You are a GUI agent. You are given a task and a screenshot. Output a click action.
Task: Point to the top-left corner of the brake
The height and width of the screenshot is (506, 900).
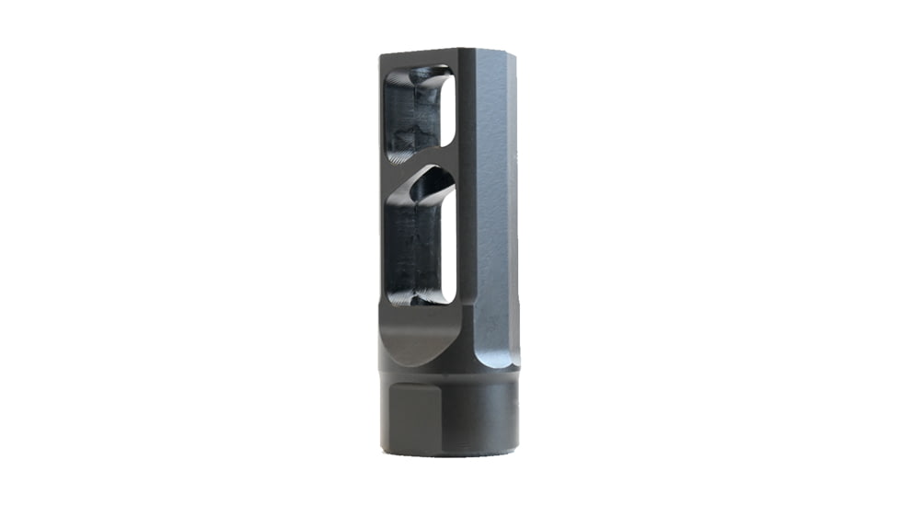tap(381, 56)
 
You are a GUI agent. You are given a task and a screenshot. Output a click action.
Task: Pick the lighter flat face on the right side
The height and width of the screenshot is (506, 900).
tap(498, 202)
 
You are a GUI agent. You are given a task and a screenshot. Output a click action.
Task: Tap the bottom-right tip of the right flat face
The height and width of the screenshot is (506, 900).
tap(515, 366)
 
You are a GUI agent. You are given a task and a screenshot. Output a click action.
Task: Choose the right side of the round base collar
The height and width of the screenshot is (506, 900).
tap(502, 414)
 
